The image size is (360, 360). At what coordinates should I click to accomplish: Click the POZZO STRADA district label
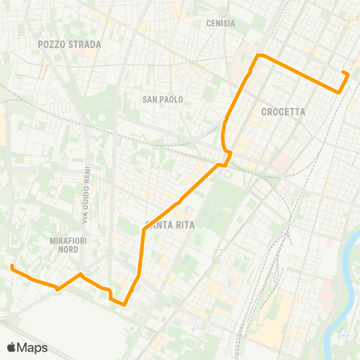point(69,44)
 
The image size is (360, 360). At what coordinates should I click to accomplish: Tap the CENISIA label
point(220,23)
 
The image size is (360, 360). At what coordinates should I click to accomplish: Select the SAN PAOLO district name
point(163,99)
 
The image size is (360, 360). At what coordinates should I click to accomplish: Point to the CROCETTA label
point(283,112)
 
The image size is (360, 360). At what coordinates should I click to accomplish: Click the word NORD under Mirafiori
point(69,250)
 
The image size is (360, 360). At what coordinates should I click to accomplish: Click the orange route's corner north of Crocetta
point(259,55)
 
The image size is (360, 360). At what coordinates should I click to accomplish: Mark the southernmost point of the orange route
point(124,304)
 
